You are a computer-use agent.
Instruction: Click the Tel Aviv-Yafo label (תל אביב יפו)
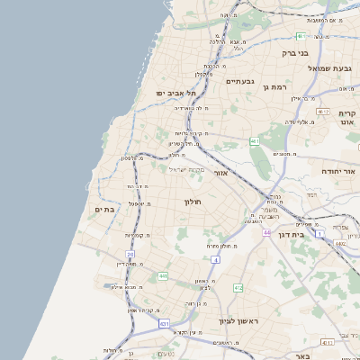[174, 93]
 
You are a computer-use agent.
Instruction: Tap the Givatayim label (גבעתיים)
[240, 81]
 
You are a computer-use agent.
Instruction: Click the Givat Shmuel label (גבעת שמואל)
[333, 67]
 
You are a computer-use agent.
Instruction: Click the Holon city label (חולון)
[193, 202]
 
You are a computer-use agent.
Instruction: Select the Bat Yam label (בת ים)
[103, 209]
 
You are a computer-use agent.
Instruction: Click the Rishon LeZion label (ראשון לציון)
[238, 320]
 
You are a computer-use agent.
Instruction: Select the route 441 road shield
[163, 275]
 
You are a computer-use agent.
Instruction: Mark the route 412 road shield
[238, 288]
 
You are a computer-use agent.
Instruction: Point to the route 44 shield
[266, 232]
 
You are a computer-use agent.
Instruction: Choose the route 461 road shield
[256, 141]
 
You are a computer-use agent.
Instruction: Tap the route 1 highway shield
[319, 209]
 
